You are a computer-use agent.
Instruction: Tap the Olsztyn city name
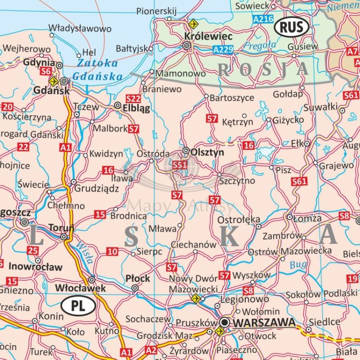coord(207,152)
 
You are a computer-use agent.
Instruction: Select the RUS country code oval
coord(291,27)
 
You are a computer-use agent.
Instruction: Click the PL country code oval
coord(78,305)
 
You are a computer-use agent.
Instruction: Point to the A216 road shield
coord(263,19)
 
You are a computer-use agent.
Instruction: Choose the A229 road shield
coord(223,49)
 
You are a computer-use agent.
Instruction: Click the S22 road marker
coord(133,98)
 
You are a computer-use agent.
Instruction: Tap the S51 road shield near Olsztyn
coord(180,165)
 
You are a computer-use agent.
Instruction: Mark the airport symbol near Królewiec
coord(193,24)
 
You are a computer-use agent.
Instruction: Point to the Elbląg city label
coord(136,108)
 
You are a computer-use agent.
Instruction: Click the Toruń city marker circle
coord(64,237)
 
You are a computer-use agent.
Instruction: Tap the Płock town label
coord(138,278)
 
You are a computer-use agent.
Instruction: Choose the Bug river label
coord(298,264)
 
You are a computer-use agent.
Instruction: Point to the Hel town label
coord(89,52)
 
